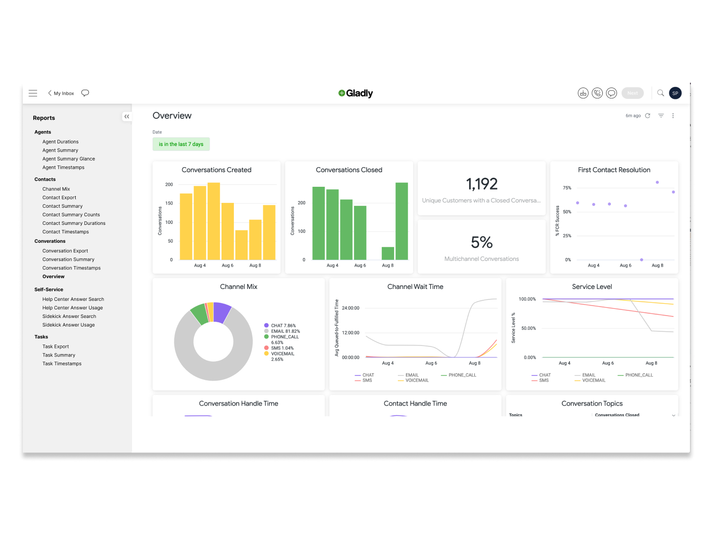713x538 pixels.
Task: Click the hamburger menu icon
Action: tap(33, 93)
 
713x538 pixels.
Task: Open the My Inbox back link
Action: tap(61, 93)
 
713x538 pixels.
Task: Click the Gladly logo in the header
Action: tap(356, 93)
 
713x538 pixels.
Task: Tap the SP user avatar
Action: tap(675, 93)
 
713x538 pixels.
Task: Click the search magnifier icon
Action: tap(660, 93)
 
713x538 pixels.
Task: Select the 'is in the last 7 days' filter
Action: tap(181, 144)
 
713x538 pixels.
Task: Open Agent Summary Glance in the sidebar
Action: tap(68, 159)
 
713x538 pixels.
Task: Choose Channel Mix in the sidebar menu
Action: tap(56, 189)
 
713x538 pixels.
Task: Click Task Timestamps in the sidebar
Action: tap(62, 364)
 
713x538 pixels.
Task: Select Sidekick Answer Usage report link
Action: tap(68, 325)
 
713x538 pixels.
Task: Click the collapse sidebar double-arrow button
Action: tap(126, 116)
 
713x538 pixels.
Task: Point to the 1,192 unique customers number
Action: tap(482, 184)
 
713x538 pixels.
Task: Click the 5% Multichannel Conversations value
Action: tap(482, 242)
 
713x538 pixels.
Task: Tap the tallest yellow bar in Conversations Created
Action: tap(214, 221)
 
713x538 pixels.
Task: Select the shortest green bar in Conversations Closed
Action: tap(388, 253)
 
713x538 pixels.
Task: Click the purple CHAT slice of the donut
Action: tap(221, 312)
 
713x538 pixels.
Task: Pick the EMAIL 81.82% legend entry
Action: tap(285, 331)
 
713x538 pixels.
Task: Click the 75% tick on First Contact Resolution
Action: tap(567, 188)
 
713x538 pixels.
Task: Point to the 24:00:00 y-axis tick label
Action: tap(350, 308)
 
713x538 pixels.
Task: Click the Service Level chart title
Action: tap(592, 287)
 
